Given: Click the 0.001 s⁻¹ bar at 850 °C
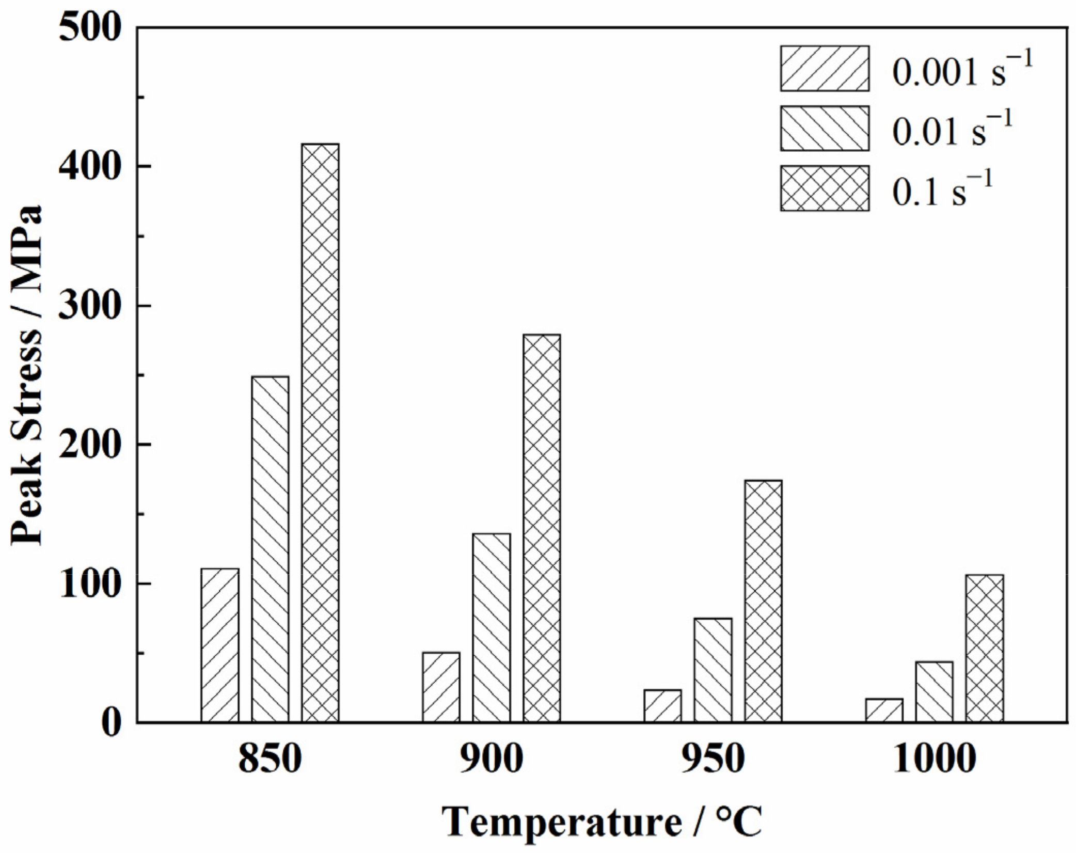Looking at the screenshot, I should pos(220,645).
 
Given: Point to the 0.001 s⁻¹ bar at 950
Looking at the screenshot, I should pos(662,706).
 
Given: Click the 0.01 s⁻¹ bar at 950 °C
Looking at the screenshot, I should pos(713,670).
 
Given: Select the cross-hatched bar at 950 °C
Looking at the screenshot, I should pos(763,601).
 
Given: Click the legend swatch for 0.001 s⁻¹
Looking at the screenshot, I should pos(825,69).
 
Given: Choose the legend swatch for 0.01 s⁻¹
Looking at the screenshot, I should pos(825,129).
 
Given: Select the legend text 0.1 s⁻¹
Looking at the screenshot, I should pos(942,189).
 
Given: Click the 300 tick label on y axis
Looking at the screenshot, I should pos(90,306).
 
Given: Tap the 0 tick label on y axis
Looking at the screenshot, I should pos(111,723).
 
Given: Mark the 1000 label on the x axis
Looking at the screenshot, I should pos(935,759).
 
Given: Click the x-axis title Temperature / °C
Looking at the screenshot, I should pos(602,822).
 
